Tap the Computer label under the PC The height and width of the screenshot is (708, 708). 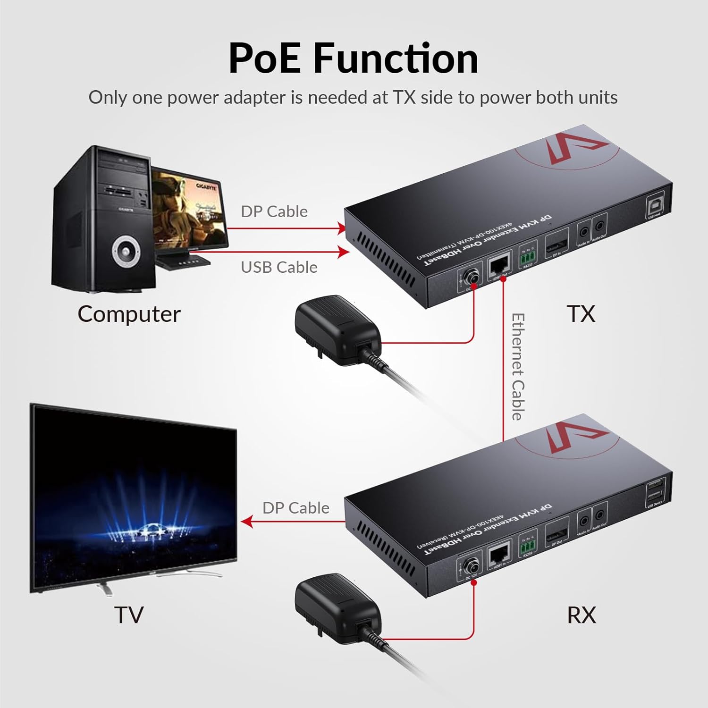coord(129,314)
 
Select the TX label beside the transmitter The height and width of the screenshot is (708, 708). coord(581,313)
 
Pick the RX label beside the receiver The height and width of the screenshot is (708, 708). coord(581,615)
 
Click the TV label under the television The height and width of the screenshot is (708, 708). coord(128,615)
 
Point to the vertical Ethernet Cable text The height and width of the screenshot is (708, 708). coord(518,366)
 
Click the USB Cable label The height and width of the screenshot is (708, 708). coord(279,267)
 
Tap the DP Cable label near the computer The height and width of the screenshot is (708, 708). coord(274,211)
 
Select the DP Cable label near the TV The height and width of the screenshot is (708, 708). coord(295,508)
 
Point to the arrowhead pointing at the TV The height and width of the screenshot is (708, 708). coord(246,522)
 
